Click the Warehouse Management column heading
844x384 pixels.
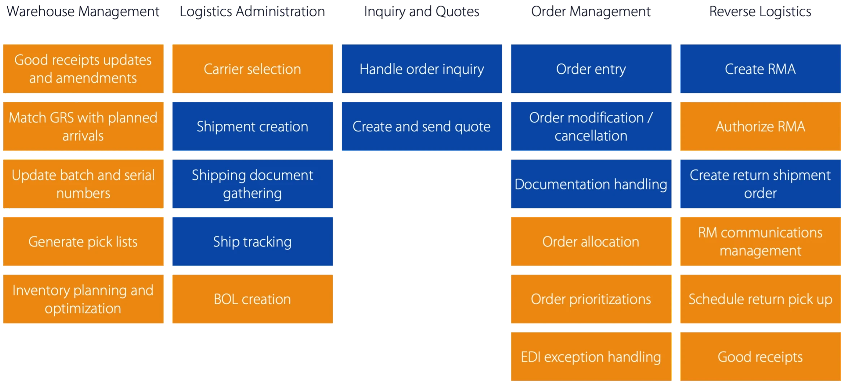(x=83, y=12)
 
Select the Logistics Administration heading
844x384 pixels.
(x=252, y=12)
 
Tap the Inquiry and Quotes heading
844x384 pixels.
(x=421, y=12)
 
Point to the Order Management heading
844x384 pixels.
(x=591, y=12)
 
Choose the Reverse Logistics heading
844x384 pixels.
(x=760, y=12)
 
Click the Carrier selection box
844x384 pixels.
(x=252, y=69)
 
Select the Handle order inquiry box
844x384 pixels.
(x=422, y=69)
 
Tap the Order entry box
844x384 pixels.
(x=591, y=69)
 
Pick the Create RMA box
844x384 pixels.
(x=761, y=69)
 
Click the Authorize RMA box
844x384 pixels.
(x=761, y=126)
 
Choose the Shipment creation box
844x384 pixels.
(x=252, y=126)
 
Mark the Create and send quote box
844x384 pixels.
(x=422, y=126)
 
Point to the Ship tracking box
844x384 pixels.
(x=252, y=241)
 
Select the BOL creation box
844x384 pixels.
(x=252, y=299)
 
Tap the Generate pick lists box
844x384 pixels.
(x=83, y=241)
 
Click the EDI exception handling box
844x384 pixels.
(x=591, y=357)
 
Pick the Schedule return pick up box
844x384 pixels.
(x=761, y=299)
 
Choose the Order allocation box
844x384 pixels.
(x=591, y=241)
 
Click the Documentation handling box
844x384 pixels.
(x=591, y=184)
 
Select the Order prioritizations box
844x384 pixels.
(x=591, y=299)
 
